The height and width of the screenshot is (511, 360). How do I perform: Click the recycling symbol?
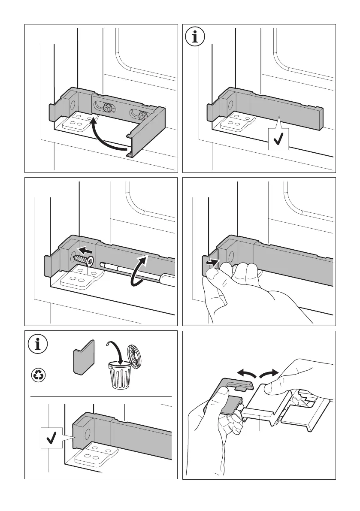point(38,375)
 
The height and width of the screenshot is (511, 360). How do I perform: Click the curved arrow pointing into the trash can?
point(113,350)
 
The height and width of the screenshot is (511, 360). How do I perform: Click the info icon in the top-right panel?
point(196,37)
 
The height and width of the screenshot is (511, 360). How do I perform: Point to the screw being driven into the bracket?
point(84,259)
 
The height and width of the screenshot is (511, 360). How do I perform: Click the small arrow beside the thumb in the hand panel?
point(211,262)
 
